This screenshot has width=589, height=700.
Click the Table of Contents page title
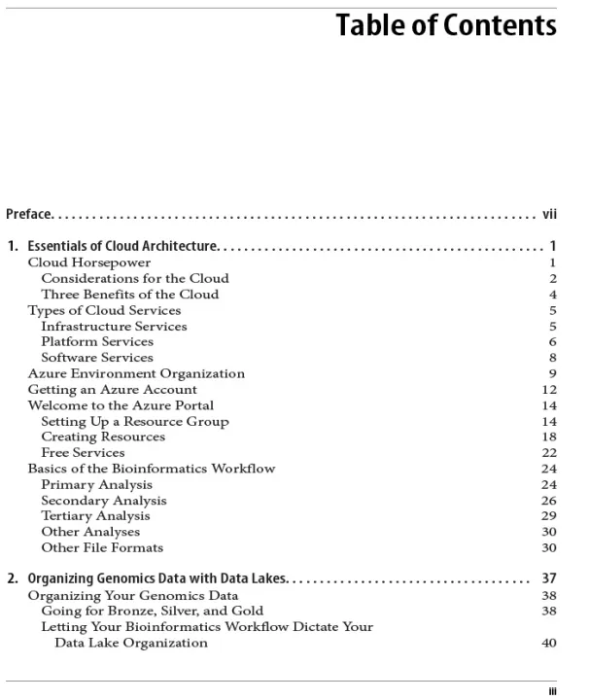(x=446, y=26)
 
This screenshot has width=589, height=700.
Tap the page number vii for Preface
(x=549, y=214)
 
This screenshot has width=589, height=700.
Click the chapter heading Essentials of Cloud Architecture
(x=123, y=246)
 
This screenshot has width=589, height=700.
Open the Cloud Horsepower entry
(x=88, y=262)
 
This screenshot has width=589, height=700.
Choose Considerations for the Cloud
(x=134, y=278)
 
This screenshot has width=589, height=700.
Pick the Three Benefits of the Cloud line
(x=129, y=294)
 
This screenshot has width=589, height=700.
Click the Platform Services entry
(x=97, y=341)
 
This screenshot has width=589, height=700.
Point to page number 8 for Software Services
(x=552, y=358)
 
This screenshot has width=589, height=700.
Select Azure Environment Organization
(x=136, y=373)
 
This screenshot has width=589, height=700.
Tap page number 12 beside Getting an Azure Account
(x=549, y=389)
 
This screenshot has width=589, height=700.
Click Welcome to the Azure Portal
(x=121, y=405)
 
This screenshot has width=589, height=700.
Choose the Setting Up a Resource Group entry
(x=134, y=421)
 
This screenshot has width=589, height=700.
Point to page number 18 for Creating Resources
(x=549, y=437)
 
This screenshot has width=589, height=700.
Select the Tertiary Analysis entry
(x=95, y=515)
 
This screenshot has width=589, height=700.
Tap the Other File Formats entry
(x=102, y=547)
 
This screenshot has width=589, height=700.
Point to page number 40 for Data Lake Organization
(x=549, y=643)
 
